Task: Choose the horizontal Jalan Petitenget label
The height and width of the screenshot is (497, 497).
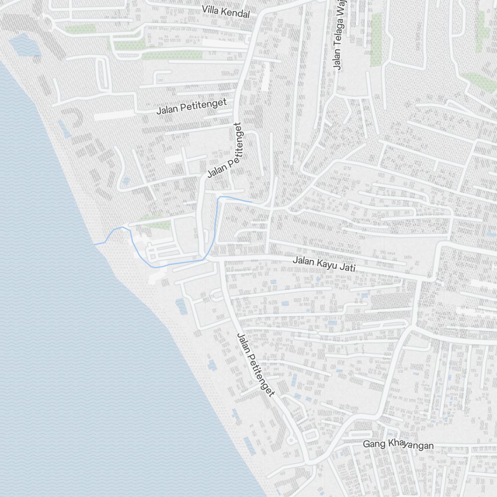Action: pyautogui.click(x=191, y=106)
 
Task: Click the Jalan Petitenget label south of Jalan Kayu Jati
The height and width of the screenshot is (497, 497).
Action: pyautogui.click(x=256, y=365)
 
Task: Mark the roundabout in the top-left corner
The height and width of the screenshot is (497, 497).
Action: pyautogui.click(x=48, y=22)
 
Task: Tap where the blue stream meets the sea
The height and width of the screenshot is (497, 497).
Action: pyautogui.click(x=94, y=244)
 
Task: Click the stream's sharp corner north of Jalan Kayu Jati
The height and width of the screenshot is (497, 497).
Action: pyautogui.click(x=219, y=197)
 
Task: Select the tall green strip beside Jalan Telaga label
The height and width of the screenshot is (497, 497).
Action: pyautogui.click(x=376, y=40)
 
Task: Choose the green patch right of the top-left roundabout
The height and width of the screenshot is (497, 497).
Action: pyautogui.click(x=81, y=29)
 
